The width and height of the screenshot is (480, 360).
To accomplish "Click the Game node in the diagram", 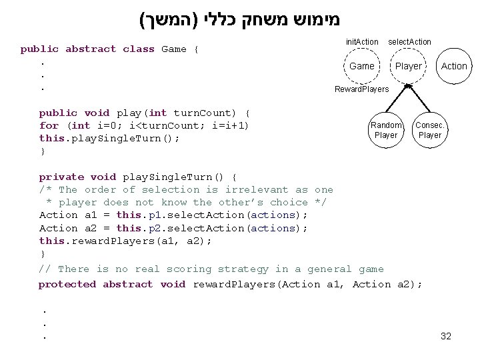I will click(x=361, y=66).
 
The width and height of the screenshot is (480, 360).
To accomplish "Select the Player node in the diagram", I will click(x=408, y=66).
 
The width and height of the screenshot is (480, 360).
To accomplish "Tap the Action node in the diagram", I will click(x=454, y=66).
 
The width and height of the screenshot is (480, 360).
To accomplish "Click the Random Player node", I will click(x=386, y=130).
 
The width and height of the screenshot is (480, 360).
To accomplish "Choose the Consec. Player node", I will click(x=429, y=130).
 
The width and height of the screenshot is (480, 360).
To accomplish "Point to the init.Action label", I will click(x=362, y=42).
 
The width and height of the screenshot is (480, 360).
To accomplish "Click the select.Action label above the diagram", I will click(x=409, y=42).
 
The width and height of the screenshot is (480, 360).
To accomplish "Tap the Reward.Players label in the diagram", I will click(x=361, y=89).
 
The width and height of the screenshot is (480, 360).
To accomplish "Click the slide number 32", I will click(x=446, y=336).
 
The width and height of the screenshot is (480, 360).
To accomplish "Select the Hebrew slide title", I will click(x=239, y=19).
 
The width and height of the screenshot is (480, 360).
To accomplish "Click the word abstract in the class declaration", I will click(x=90, y=49).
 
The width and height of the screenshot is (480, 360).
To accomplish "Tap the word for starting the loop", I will click(x=49, y=126).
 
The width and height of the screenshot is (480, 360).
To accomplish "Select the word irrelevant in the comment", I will click(x=257, y=190).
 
